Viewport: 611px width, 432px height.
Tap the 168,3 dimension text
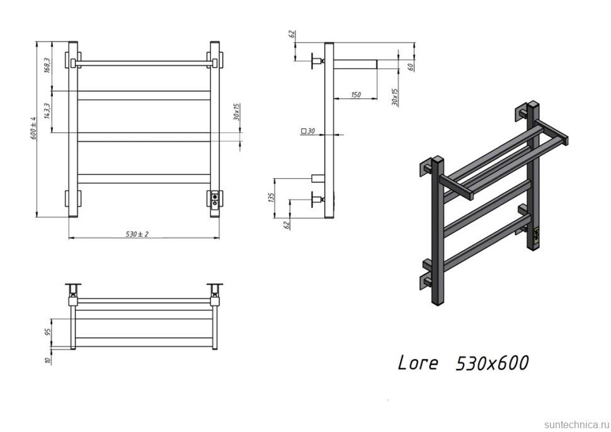coord(48,65)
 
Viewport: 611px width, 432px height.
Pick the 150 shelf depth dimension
coord(357,95)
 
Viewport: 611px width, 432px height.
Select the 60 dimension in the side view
coord(410,67)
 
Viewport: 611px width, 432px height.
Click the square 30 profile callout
coord(308,131)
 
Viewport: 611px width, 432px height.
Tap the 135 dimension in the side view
coord(271,197)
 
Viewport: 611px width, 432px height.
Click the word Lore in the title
coord(417,363)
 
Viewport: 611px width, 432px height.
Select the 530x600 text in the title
coord(491,363)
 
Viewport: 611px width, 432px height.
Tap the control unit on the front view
coord(215,199)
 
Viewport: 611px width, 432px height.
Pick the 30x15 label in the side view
coord(394,96)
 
